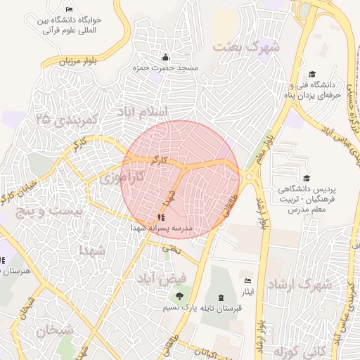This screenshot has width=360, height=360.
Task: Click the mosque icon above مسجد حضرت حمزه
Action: [x=165, y=57]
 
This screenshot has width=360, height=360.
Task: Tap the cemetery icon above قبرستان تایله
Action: [x=223, y=297]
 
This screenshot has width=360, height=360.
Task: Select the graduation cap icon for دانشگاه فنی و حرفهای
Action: [x=312, y=75]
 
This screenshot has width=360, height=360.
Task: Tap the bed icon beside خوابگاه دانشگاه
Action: [x=68, y=9]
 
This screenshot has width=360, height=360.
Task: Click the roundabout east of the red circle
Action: [x=250, y=176]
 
